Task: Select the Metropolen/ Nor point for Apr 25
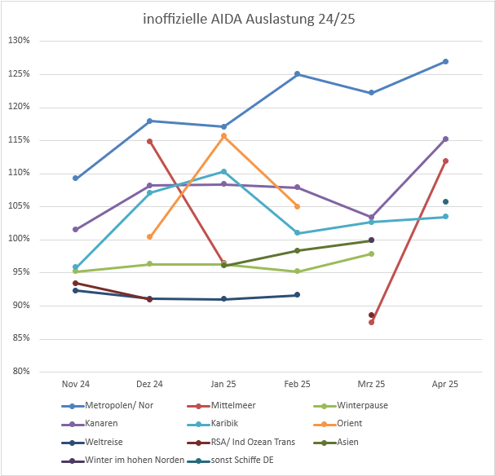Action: (x=445, y=61)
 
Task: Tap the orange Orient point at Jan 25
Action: (x=223, y=136)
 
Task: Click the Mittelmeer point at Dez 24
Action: (x=149, y=141)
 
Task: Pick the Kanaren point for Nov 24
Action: (x=75, y=229)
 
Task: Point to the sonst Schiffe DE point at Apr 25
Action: (x=445, y=201)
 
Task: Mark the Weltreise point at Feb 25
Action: (x=298, y=294)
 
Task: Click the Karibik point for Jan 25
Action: (x=223, y=171)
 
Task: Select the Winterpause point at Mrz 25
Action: (x=371, y=253)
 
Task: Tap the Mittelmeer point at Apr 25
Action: (x=445, y=161)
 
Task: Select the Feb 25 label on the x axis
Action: (x=298, y=383)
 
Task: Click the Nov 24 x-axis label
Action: (x=75, y=383)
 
